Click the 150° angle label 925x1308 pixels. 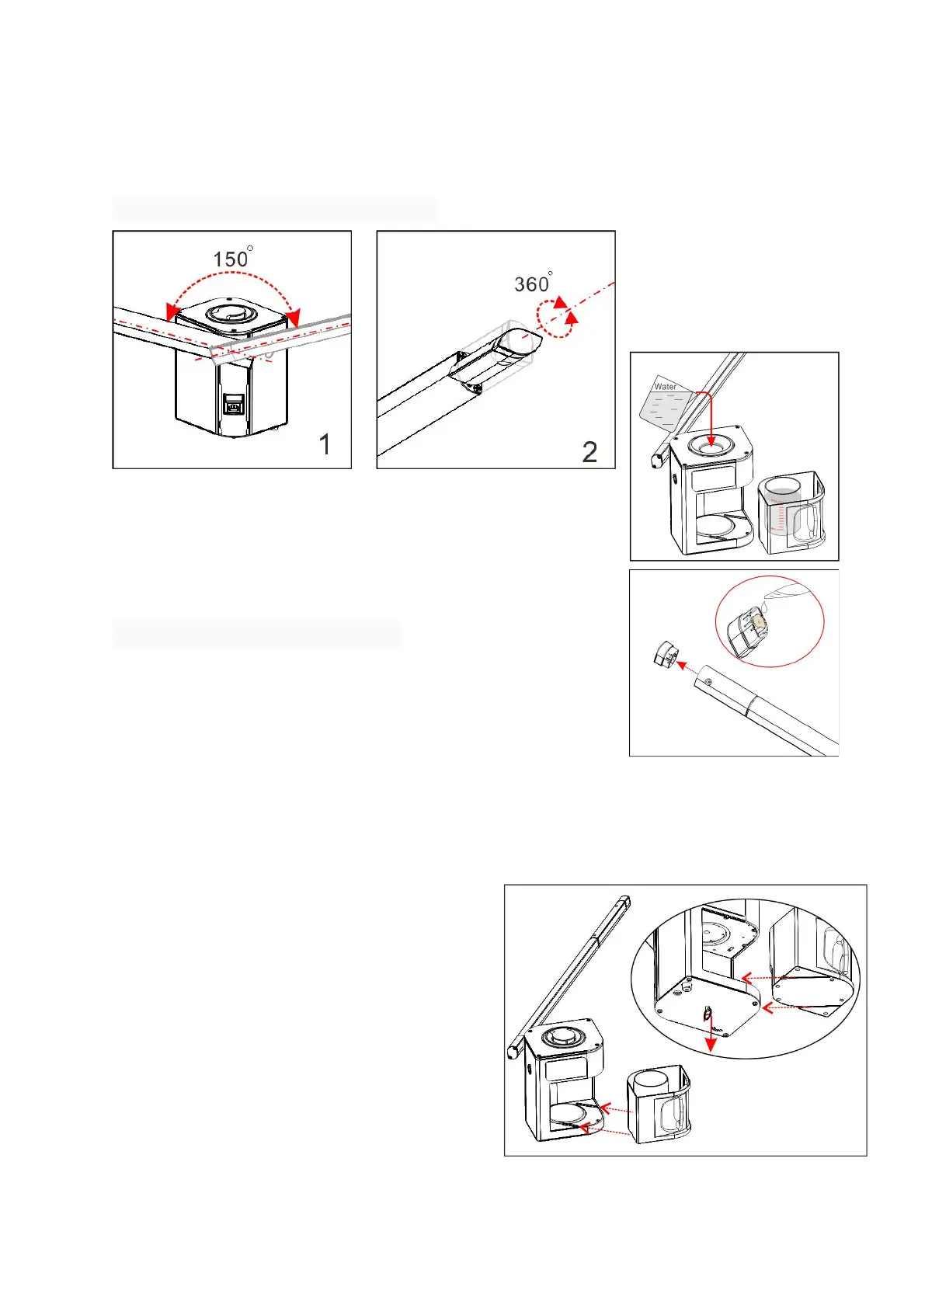pos(231,259)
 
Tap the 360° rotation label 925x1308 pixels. pos(533,284)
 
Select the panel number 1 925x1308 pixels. pos(325,444)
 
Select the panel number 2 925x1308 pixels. pos(589,452)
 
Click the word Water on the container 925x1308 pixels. pos(665,387)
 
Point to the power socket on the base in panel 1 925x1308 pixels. pos(233,403)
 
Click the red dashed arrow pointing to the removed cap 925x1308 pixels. pos(687,668)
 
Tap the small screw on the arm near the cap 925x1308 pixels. pos(708,682)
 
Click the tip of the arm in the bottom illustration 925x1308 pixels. pos(624,902)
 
